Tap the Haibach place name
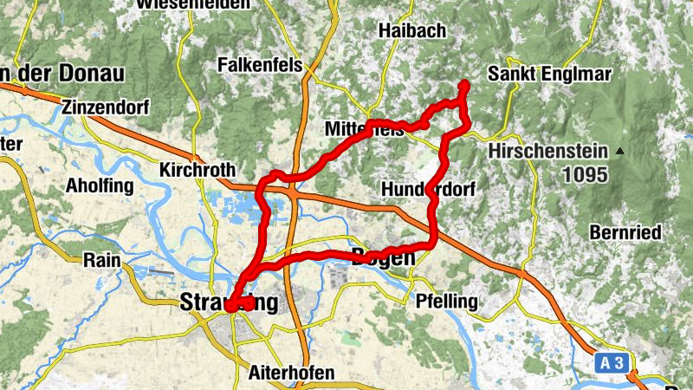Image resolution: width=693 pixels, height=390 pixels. [x=412, y=31]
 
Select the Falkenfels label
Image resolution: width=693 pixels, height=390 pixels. [x=260, y=65]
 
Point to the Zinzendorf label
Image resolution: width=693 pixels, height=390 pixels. [x=106, y=107]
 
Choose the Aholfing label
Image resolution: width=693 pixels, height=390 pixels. [x=100, y=185]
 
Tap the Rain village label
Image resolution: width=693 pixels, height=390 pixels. [x=101, y=259]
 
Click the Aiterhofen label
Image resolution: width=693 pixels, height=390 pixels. [x=291, y=373]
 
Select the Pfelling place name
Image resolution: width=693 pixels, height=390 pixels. [x=447, y=302]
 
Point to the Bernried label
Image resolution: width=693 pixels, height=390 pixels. [x=625, y=232]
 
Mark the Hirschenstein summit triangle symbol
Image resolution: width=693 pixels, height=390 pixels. [x=619, y=152]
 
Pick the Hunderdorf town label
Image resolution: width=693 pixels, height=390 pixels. [x=428, y=189]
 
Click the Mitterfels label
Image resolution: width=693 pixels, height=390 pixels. [x=364, y=129]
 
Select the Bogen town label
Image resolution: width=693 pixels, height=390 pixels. [x=383, y=256]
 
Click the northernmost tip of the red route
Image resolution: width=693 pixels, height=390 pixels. [x=463, y=84]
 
